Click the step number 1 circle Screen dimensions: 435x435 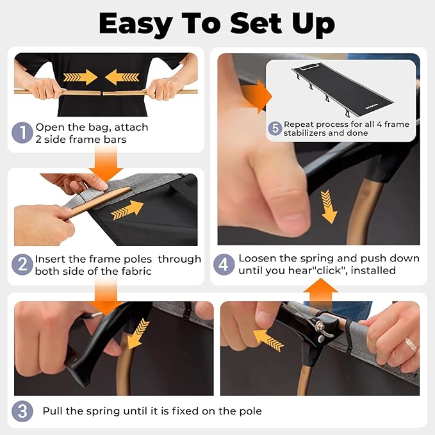pos(22,133)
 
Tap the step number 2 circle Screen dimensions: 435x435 pos(22,265)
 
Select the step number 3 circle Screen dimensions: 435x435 pos(22,411)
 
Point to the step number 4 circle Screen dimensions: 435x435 pos(224,265)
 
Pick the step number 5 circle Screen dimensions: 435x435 pos(275,128)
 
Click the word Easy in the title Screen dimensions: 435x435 pos(136,24)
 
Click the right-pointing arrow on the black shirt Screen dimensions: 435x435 pos(80,77)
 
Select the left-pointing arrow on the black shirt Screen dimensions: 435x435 pos(122,77)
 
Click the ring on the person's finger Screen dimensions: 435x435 pos(411,345)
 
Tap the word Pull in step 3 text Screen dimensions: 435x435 pos(52,411)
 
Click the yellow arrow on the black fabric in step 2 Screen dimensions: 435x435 pos(127,210)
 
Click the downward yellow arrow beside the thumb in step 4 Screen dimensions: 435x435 pos(329,207)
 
